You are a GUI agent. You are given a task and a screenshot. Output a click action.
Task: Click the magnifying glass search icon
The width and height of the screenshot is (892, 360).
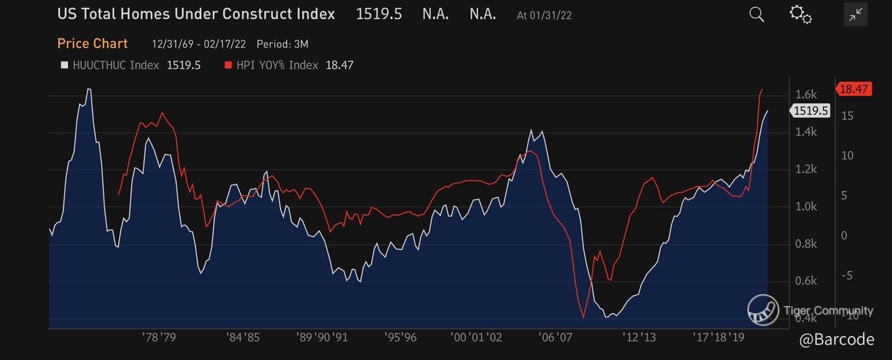(756, 15)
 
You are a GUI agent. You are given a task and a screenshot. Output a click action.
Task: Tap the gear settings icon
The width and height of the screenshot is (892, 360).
(800, 15)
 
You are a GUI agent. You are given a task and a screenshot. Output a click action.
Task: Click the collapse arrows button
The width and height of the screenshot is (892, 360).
(855, 15)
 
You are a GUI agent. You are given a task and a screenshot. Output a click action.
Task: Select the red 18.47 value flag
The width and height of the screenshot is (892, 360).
(854, 89)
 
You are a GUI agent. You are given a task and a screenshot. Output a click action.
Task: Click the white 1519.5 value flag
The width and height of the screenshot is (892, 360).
(810, 111)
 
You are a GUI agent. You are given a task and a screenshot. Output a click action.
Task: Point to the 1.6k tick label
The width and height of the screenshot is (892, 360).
(806, 95)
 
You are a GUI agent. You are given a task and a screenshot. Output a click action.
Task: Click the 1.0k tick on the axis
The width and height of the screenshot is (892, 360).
(806, 207)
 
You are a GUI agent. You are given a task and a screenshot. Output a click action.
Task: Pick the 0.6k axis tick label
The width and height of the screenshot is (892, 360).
(806, 281)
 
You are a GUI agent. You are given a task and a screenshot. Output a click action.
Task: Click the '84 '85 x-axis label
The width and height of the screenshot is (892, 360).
(243, 337)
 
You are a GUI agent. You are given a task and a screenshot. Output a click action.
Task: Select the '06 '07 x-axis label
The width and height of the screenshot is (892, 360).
(556, 337)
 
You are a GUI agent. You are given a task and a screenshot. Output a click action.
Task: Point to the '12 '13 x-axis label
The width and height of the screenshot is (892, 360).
(639, 337)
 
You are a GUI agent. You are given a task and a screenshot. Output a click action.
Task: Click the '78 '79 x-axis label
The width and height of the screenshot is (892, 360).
(159, 337)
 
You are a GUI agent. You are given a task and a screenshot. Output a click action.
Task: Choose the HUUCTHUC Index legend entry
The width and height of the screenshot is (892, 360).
(115, 65)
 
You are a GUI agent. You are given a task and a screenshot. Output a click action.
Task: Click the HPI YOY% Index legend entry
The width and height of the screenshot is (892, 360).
(277, 65)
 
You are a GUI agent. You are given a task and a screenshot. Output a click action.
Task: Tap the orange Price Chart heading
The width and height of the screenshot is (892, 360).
(92, 44)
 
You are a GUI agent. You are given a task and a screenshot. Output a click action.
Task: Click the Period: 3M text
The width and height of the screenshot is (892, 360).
(282, 44)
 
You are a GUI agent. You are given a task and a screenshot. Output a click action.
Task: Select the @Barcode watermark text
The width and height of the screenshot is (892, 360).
(837, 339)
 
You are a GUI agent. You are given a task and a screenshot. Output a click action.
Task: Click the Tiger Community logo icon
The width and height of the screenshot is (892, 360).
(763, 310)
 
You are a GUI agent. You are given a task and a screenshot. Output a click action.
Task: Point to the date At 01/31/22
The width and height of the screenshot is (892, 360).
(544, 15)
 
